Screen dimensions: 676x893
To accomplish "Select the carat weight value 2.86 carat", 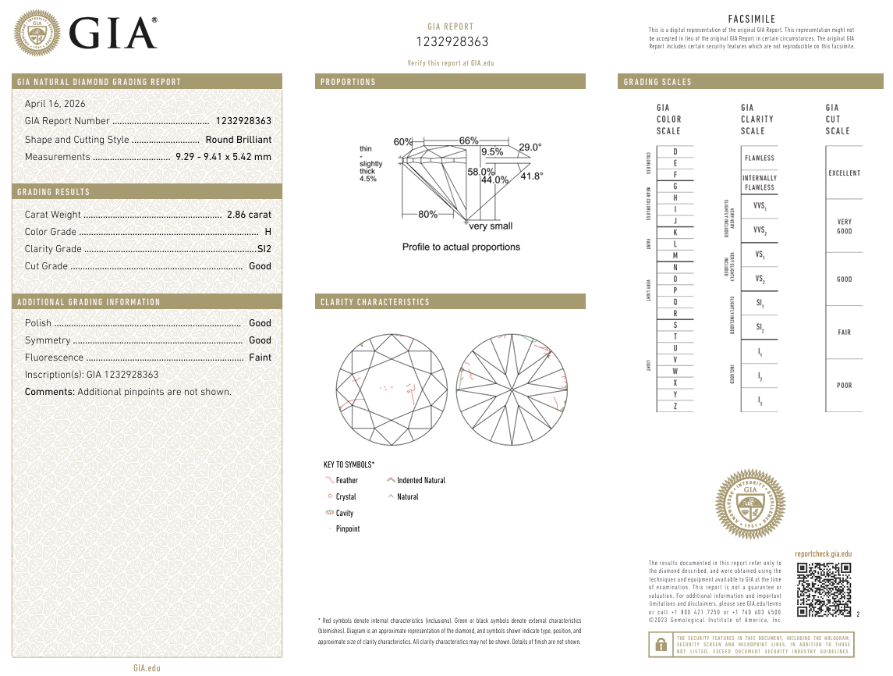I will [249, 215].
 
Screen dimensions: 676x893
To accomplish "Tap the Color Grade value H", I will [268, 232].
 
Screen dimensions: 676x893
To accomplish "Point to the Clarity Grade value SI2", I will [264, 249].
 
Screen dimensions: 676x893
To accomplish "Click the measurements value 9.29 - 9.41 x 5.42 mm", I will [223, 157].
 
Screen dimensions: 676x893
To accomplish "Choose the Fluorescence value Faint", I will [260, 358].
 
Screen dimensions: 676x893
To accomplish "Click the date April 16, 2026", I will [55, 104].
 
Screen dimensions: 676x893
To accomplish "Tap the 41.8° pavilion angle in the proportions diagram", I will [531, 176].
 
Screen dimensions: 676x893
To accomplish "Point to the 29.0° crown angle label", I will [530, 147].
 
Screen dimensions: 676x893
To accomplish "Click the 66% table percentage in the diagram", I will [468, 141].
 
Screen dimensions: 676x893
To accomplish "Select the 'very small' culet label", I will [491, 226].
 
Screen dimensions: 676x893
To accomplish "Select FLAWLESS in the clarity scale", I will [759, 158].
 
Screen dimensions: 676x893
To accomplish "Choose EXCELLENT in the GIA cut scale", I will [844, 173].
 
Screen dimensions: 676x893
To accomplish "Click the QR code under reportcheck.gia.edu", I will [824, 589].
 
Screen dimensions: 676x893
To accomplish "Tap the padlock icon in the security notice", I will [661, 645].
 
